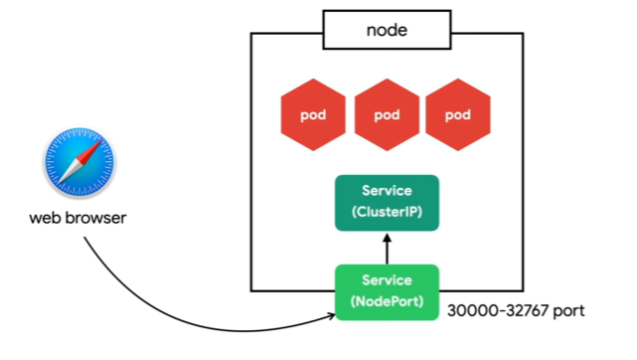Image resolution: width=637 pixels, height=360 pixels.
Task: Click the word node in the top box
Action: (387, 31)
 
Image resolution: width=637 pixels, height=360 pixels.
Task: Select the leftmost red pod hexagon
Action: (313, 114)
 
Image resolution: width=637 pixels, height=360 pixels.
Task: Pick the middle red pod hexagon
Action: (387, 114)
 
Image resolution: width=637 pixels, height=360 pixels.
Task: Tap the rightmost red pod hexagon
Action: (458, 114)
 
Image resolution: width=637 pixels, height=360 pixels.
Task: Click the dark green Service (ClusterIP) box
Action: (387, 203)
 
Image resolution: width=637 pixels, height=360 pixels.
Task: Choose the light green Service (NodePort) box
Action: (387, 292)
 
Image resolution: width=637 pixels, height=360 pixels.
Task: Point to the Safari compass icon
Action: (80, 162)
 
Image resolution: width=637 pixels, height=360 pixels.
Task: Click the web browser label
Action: (78, 218)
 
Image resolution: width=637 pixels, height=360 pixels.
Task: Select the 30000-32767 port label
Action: (516, 311)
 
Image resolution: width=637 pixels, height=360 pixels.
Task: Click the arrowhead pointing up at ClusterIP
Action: (387, 238)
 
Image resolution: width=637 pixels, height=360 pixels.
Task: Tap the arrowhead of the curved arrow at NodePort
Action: (331, 315)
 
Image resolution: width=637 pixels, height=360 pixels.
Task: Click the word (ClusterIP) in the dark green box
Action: (387, 212)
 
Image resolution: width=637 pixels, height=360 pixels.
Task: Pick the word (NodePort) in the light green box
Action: (387, 301)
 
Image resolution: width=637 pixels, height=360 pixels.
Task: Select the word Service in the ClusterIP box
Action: (387, 191)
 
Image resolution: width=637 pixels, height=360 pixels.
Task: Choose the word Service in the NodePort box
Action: (387, 280)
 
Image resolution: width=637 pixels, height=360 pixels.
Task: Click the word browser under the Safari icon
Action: (95, 218)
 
